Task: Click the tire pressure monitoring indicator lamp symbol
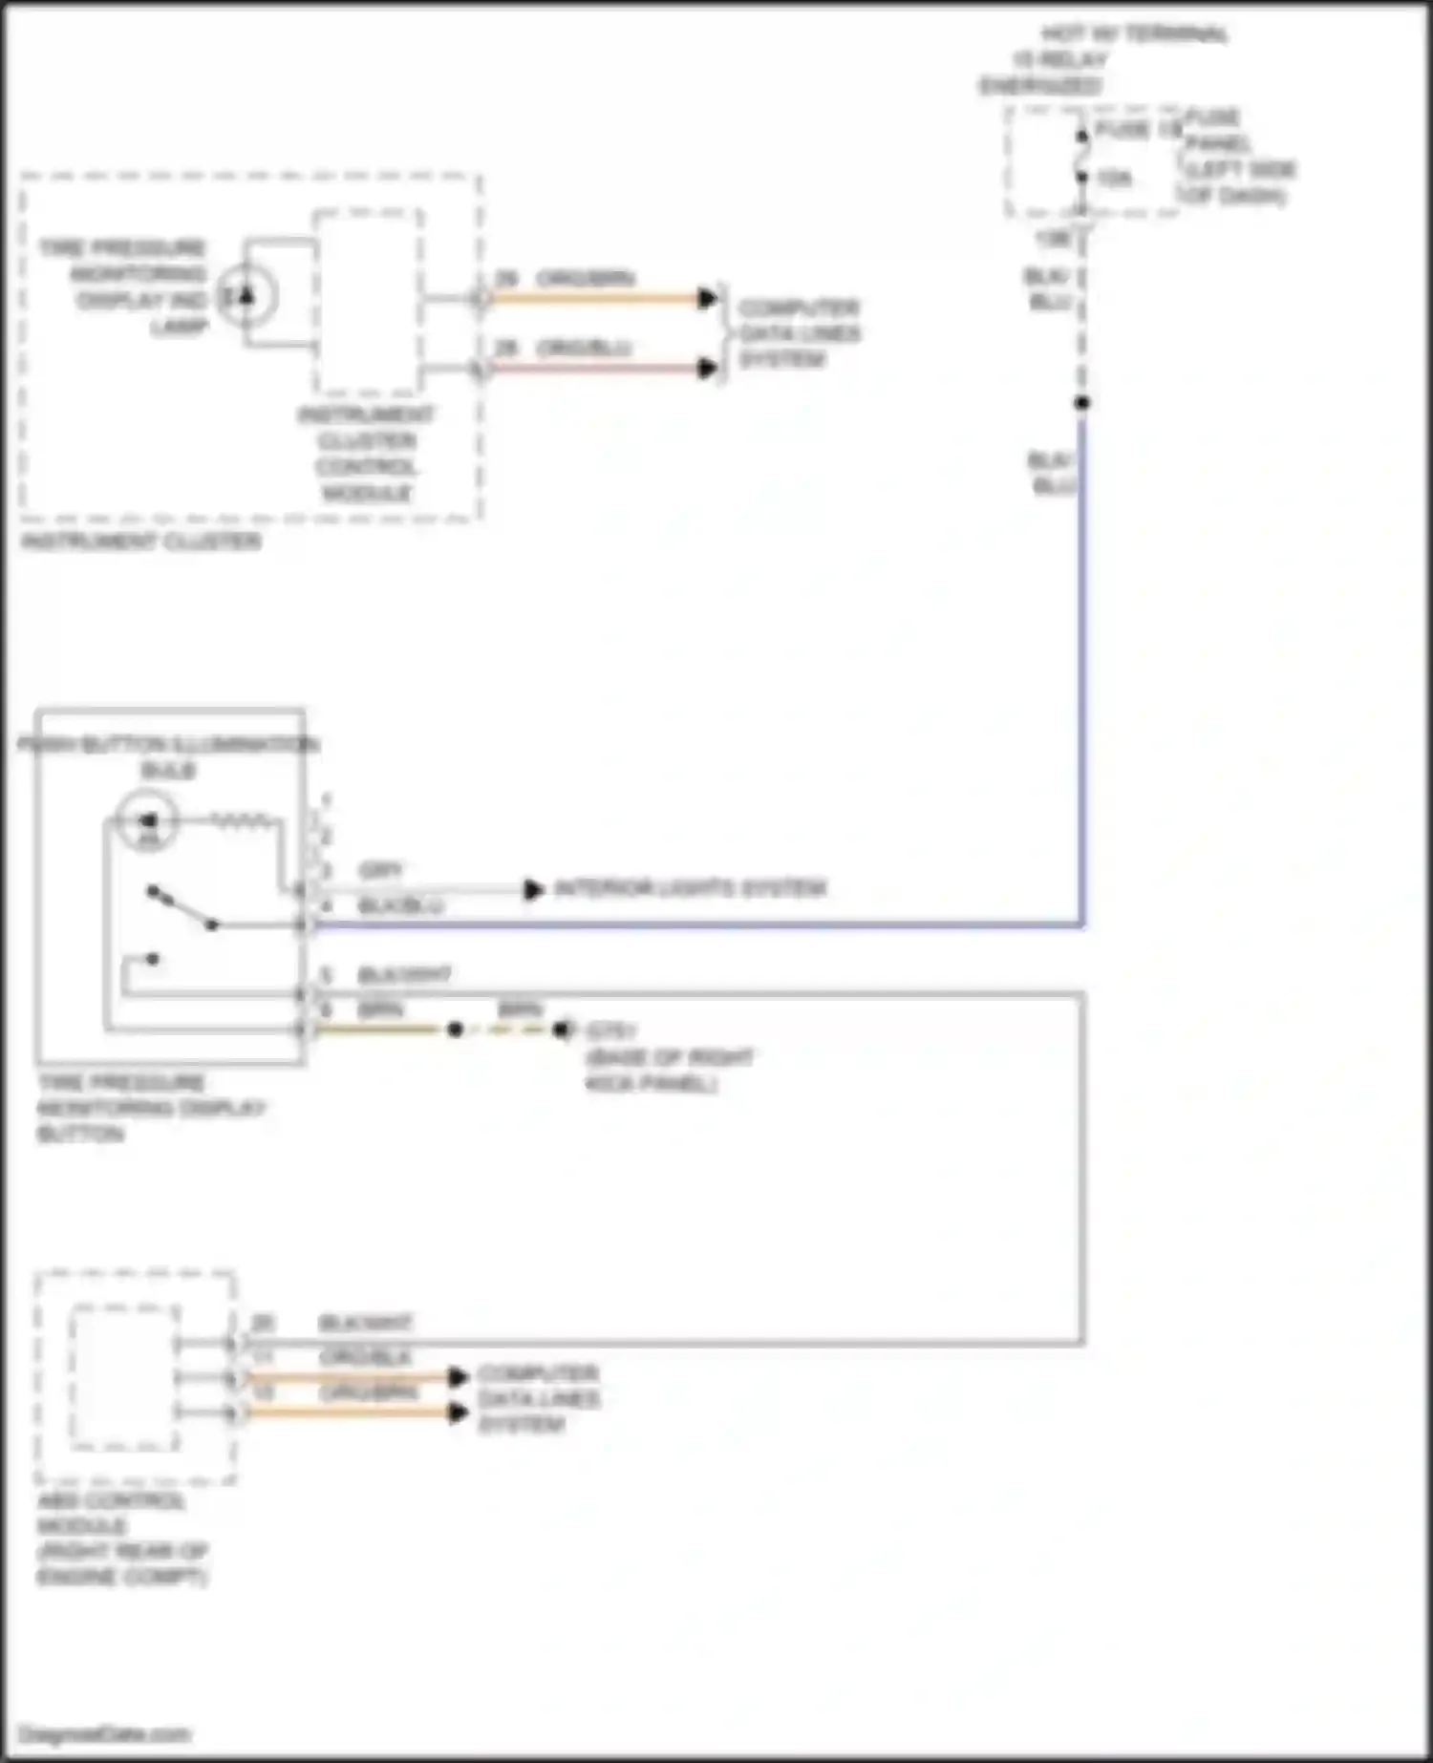click(x=246, y=296)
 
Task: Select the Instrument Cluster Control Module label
click(x=367, y=455)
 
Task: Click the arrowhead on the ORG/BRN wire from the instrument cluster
click(x=707, y=298)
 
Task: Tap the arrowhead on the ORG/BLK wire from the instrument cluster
click(x=707, y=368)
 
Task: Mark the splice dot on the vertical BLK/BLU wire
click(x=1081, y=403)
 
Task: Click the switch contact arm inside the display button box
click(x=182, y=908)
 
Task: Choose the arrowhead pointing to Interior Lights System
click(x=533, y=890)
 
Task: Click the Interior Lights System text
click(x=690, y=889)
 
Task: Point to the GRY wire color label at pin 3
click(x=380, y=870)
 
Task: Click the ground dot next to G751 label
click(x=561, y=1030)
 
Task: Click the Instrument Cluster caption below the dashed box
click(x=140, y=542)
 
